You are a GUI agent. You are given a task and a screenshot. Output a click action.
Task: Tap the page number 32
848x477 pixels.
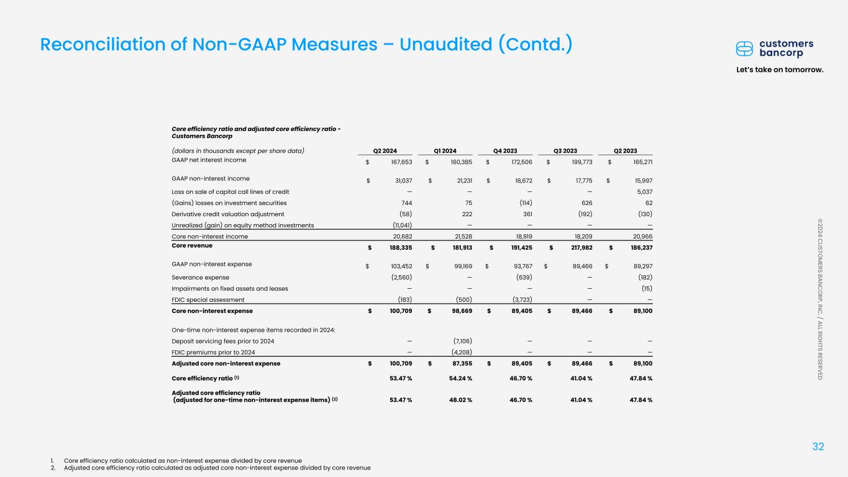819,446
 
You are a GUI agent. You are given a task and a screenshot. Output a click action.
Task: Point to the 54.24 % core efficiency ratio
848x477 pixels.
458,378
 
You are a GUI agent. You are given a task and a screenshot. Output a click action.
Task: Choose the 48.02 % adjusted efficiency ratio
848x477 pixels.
458,399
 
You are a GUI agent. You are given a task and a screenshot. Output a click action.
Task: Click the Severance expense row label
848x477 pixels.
200,277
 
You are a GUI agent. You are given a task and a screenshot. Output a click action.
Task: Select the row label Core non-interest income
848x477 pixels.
210,237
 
